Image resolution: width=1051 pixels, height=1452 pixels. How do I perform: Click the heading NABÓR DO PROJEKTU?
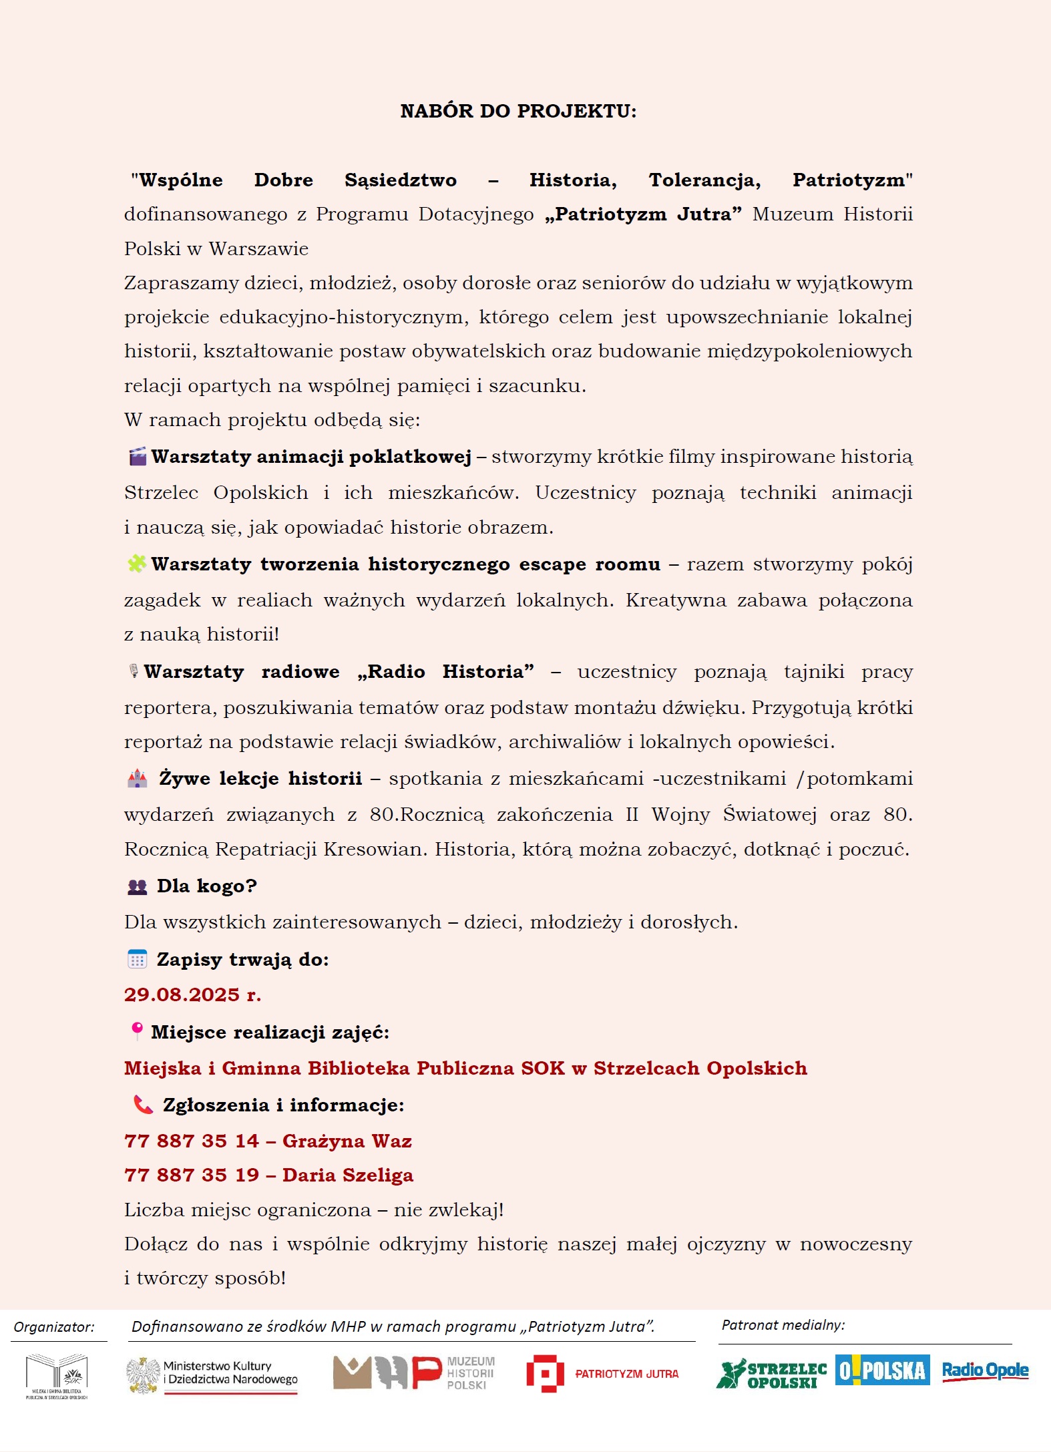pyautogui.click(x=518, y=111)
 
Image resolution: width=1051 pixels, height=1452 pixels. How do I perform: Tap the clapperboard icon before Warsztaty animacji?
pyautogui.click(x=138, y=457)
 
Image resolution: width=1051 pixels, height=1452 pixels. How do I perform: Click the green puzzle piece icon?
pyautogui.click(x=137, y=564)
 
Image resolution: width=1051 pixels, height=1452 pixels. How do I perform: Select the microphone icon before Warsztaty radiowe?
pyautogui.click(x=134, y=671)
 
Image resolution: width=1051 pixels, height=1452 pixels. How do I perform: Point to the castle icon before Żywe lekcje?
pyautogui.click(x=138, y=778)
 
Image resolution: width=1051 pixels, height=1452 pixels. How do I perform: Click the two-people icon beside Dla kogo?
pyautogui.click(x=137, y=887)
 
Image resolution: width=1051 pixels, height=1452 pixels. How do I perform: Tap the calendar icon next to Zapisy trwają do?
pyautogui.click(x=137, y=959)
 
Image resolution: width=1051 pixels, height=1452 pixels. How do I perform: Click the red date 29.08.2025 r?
pyautogui.click(x=192, y=994)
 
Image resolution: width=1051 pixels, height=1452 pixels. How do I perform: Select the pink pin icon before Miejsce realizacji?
pyautogui.click(x=137, y=1031)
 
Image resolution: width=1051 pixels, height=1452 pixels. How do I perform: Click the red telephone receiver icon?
pyautogui.click(x=143, y=1105)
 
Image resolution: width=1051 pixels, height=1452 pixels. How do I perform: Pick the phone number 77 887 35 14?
pyautogui.click(x=192, y=1141)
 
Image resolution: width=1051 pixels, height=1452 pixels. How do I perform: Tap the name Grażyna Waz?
pyautogui.click(x=347, y=1141)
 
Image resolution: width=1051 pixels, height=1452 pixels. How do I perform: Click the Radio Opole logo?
pyautogui.click(x=985, y=1371)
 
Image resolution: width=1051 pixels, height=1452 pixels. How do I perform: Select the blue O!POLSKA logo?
pyautogui.click(x=882, y=1371)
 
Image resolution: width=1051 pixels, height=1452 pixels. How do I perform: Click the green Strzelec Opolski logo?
pyautogui.click(x=771, y=1374)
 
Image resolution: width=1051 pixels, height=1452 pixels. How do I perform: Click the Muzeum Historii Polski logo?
pyautogui.click(x=414, y=1373)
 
